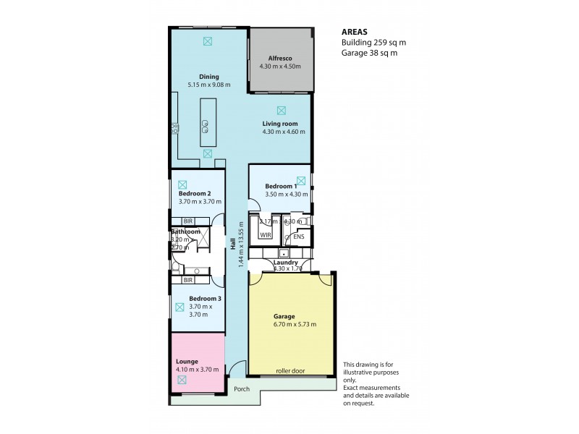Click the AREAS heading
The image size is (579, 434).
[355, 32]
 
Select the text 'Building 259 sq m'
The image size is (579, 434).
[373, 43]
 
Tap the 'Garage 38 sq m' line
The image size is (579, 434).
[369, 53]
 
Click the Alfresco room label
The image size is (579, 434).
[279, 58]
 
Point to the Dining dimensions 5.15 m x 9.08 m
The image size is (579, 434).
[210, 85]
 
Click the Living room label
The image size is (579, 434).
[280, 124]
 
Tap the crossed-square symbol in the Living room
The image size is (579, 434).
[282, 110]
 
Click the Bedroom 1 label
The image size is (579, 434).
[281, 186]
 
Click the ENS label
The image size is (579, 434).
[298, 236]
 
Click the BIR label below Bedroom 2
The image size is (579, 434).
[187, 221]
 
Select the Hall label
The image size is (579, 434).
[234, 246]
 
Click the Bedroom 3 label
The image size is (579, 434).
[205, 298]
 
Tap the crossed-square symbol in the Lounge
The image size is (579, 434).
[182, 379]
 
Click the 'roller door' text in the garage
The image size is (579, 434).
[291, 371]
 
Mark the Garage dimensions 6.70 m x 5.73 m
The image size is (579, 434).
[295, 323]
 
